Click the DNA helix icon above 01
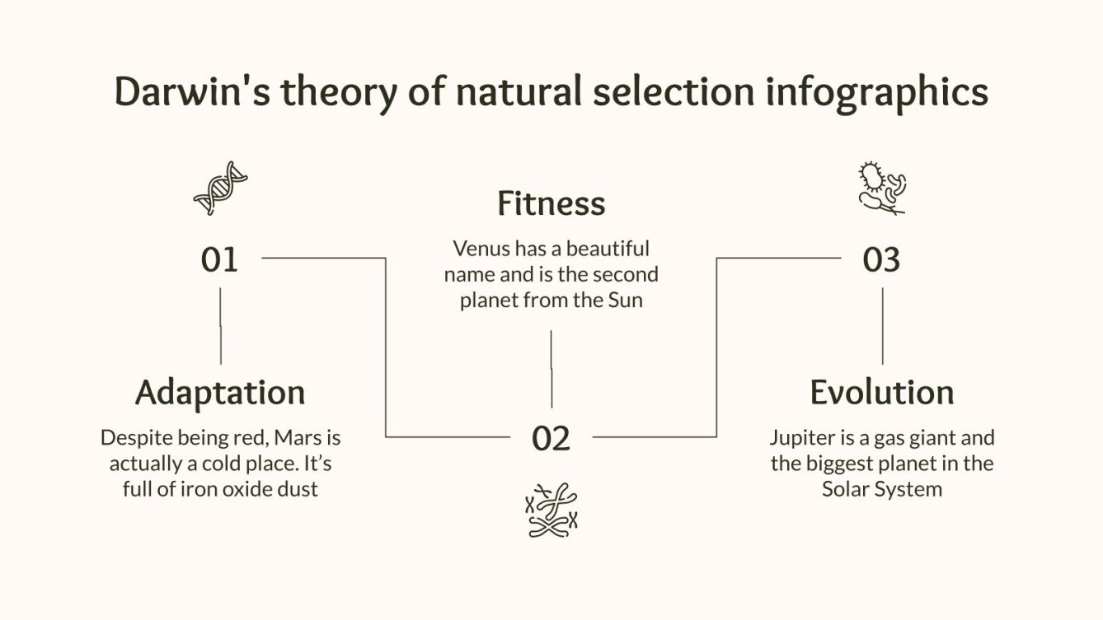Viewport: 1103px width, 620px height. [220, 188]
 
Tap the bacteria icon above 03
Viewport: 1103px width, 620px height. [881, 189]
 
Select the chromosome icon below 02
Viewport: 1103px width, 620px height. [551, 510]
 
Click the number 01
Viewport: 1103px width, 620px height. [219, 260]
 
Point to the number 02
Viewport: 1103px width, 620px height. [551, 438]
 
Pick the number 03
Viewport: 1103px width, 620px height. [881, 260]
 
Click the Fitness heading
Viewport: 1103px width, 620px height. [551, 203]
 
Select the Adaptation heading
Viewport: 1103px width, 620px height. [220, 392]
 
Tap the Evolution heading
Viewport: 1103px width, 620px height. [881, 392]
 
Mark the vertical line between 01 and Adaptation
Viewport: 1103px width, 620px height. [220, 325]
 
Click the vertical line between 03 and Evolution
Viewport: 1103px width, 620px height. [882, 325]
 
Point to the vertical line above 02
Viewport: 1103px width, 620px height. [551, 368]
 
